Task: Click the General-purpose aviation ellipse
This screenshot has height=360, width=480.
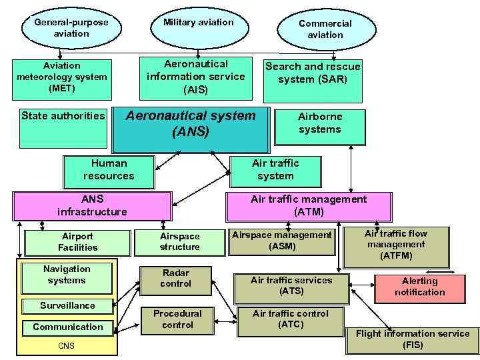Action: [x=71, y=27]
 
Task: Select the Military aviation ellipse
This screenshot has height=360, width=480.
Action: [x=199, y=23]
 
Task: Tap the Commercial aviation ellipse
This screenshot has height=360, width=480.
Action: [x=325, y=29]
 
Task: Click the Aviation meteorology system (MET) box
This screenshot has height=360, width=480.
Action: [x=62, y=77]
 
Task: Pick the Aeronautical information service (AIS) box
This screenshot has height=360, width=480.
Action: [x=196, y=77]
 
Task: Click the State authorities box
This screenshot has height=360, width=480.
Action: [x=63, y=127]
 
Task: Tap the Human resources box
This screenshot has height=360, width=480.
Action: [x=109, y=171]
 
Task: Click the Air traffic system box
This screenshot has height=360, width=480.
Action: [x=275, y=171]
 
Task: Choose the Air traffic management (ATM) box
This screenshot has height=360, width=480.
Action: [x=309, y=206]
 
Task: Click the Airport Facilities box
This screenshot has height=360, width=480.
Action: [x=78, y=242]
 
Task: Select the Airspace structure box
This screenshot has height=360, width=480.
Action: [x=179, y=242]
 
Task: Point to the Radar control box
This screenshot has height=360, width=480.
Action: [x=175, y=279]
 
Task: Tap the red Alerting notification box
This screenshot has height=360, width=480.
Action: [x=419, y=287]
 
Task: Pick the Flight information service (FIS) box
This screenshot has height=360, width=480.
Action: [x=412, y=339]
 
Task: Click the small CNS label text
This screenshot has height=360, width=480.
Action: [x=67, y=345]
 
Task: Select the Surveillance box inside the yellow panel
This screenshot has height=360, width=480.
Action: [x=67, y=306]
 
